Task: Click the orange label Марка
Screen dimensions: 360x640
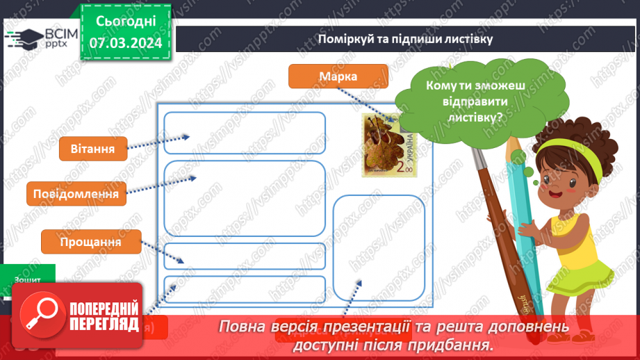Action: [x=338, y=76]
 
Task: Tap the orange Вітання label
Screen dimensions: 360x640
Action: [x=92, y=148]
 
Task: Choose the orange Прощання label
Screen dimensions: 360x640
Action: [x=90, y=242]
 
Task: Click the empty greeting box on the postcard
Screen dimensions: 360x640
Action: [x=245, y=133]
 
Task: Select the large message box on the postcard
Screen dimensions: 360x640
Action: [x=245, y=198]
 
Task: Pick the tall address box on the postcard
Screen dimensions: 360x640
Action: [x=378, y=247]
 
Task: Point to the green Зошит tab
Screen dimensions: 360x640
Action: [x=28, y=279]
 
